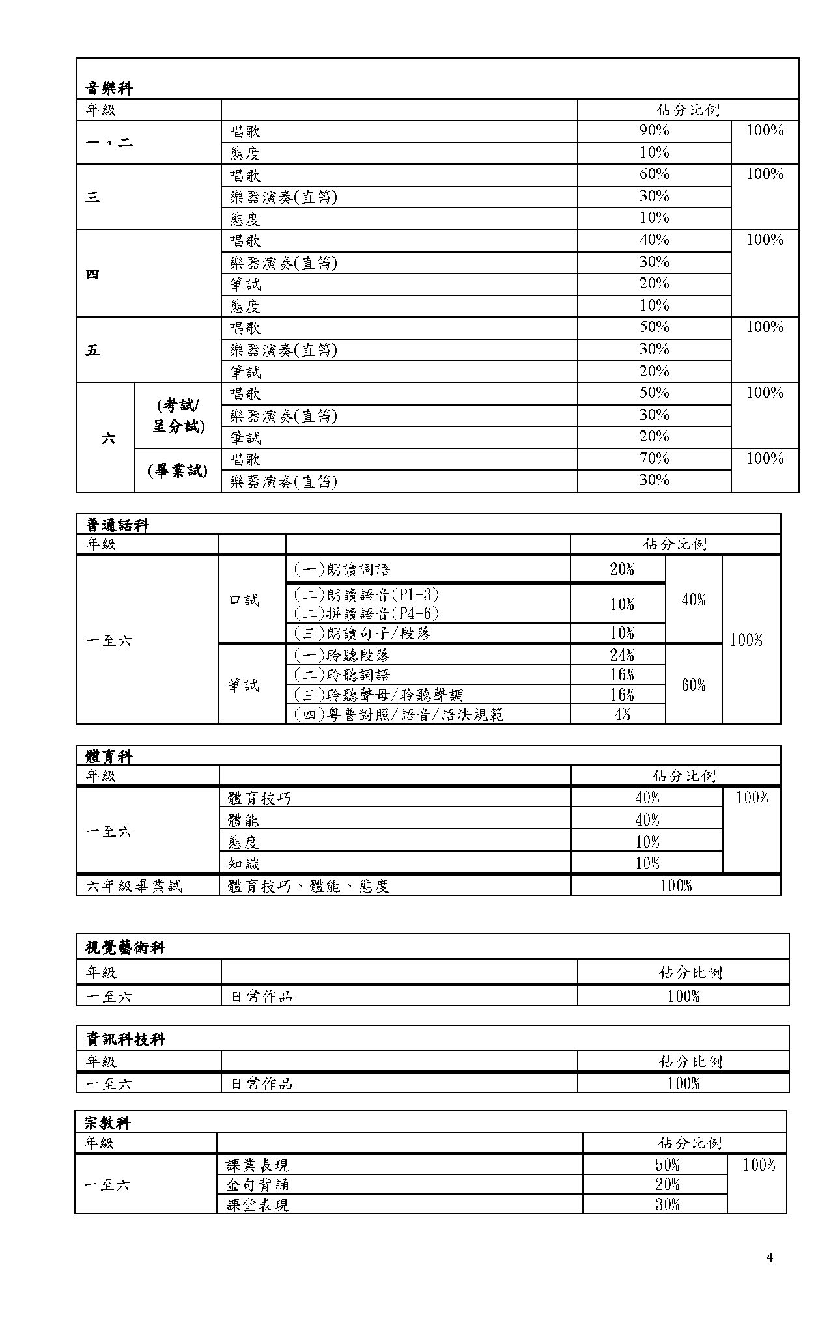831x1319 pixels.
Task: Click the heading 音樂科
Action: pyautogui.click(x=109, y=88)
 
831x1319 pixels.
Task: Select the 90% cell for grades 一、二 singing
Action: pyautogui.click(x=654, y=131)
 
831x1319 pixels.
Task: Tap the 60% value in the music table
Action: pyautogui.click(x=654, y=174)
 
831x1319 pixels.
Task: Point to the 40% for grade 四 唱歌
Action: pyautogui.click(x=654, y=240)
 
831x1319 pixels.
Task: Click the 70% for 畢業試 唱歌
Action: pyautogui.click(x=654, y=459)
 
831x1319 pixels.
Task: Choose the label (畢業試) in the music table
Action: pyautogui.click(x=178, y=470)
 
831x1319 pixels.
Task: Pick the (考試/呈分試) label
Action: pyautogui.click(x=178, y=415)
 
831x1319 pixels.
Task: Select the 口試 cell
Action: pyautogui.click(x=244, y=600)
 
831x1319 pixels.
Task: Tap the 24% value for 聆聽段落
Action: pyautogui.click(x=621, y=655)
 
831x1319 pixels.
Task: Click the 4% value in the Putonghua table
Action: pyautogui.click(x=621, y=714)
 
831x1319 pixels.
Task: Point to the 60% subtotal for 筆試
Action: pyautogui.click(x=693, y=685)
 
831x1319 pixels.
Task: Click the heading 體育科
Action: pyautogui.click(x=109, y=757)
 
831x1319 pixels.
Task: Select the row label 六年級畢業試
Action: pyautogui.click(x=134, y=885)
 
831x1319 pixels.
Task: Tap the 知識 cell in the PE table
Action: pyautogui.click(x=244, y=863)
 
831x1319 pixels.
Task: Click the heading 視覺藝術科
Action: pyautogui.click(x=125, y=948)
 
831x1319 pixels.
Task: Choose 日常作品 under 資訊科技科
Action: pyautogui.click(x=261, y=1083)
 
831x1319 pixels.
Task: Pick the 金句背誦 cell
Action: pyautogui.click(x=257, y=1184)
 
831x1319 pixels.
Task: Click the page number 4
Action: pyautogui.click(x=770, y=1257)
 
